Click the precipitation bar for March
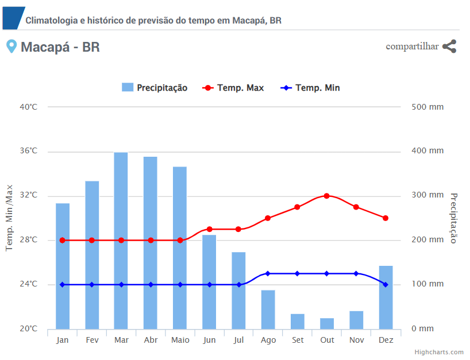tap(121, 241)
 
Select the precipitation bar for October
tap(327, 323)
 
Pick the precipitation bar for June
tap(209, 282)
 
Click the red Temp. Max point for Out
tap(327, 196)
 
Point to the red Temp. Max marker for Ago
tap(268, 218)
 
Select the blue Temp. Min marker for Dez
tap(386, 285)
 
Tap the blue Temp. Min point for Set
tap(297, 273)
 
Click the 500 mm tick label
tap(427, 107)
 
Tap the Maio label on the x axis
tap(180, 340)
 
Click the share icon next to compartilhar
tap(449, 47)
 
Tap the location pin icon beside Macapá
tap(11, 47)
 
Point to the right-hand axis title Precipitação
tap(453, 218)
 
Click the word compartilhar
tap(412, 47)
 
